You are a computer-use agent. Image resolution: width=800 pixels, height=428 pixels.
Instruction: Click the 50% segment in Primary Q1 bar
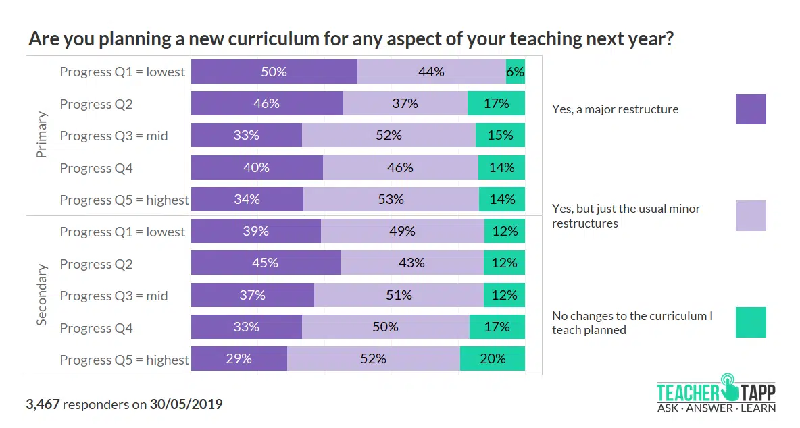[274, 72]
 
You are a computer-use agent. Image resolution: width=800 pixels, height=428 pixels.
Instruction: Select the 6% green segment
[516, 72]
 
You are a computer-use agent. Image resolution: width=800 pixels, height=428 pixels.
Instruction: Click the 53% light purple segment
[391, 200]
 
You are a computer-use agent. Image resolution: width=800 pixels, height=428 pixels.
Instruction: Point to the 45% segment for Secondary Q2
[266, 263]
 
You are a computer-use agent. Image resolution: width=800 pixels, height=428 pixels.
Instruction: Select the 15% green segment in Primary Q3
[500, 136]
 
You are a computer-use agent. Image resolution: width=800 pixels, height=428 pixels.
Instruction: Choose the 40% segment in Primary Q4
[257, 167]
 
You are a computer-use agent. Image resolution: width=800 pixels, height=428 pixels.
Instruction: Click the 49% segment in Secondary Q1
[402, 232]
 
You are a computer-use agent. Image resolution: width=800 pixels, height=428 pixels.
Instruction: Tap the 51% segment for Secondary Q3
[399, 295]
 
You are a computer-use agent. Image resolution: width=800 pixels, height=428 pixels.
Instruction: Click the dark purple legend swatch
[751, 109]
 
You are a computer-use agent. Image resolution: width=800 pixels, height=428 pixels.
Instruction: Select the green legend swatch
[751, 323]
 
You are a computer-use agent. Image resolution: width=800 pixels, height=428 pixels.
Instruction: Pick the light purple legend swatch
[751, 216]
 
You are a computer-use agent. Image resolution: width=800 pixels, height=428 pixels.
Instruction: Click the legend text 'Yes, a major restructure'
[615, 109]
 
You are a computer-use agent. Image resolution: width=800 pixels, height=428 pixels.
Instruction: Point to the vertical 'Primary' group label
[42, 135]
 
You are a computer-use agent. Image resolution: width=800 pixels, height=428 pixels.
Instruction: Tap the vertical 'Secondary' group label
[42, 295]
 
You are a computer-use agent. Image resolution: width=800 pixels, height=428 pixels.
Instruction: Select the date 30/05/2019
[186, 405]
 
